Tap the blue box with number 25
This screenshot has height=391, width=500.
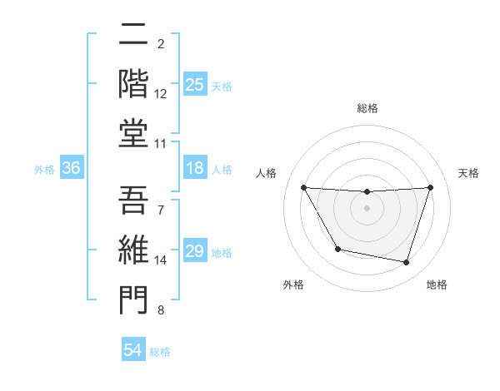(194, 84)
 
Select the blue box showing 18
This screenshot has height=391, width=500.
(194, 168)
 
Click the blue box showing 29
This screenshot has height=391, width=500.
(194, 252)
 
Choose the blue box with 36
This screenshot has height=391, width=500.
(71, 168)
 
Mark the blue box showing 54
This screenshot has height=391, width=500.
(132, 350)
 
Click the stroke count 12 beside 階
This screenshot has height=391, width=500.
(161, 94)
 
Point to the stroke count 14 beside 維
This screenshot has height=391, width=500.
(161, 260)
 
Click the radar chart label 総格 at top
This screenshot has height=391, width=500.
(367, 108)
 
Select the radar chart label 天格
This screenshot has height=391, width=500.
(469, 173)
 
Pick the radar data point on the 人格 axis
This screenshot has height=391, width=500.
(303, 188)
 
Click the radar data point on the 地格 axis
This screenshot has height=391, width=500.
(407, 263)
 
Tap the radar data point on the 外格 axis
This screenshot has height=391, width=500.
(337, 249)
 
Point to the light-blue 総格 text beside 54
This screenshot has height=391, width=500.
(160, 352)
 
